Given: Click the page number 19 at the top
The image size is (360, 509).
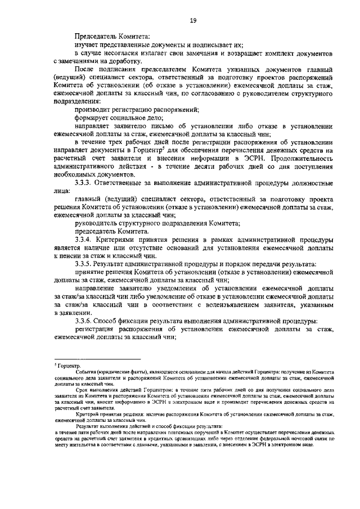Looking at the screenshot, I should [x=192, y=21].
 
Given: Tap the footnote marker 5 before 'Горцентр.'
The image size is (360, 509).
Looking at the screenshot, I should [x=55, y=364].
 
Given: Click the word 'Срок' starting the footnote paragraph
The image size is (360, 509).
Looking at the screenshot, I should [x=82, y=390].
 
